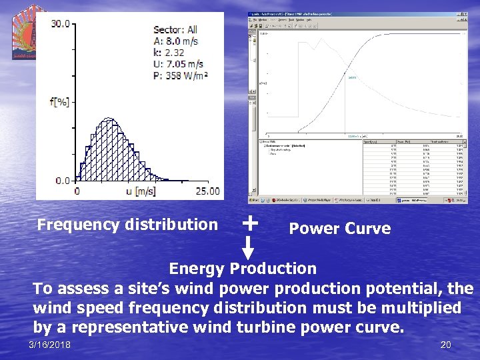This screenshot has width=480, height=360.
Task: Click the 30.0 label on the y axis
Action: coord(60,24)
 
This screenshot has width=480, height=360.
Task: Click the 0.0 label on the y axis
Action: coord(61,180)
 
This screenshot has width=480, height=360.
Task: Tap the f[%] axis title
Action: coord(59,102)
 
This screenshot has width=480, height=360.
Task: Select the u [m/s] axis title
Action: coord(142,191)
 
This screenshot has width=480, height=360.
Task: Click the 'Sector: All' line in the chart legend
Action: coord(175,29)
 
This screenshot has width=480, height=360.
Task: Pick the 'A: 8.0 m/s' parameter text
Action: coord(175,41)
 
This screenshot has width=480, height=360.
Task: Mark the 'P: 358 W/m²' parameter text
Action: coord(181,75)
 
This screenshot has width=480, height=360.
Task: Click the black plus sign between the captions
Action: coord(249,222)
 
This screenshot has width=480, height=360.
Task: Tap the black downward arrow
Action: coord(247,248)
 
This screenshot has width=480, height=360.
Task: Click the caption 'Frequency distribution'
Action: coord(127,225)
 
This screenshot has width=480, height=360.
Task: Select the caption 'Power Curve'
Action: coord(339,229)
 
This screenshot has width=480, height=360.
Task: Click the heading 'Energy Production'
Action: coord(243,269)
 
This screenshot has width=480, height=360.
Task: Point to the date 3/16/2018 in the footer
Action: coord(50,344)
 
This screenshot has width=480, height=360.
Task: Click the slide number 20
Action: coord(445,345)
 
